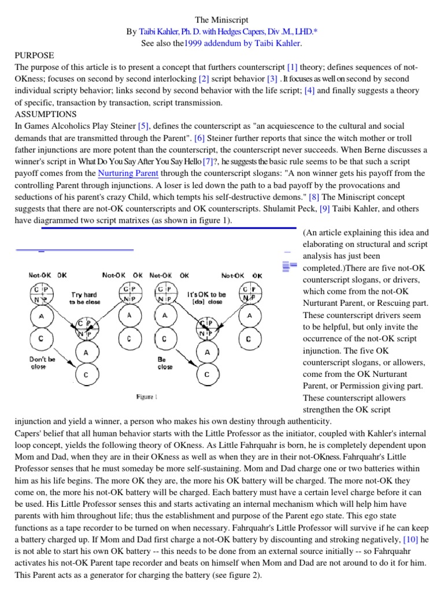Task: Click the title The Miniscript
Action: click(221, 20)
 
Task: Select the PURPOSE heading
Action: click(34, 55)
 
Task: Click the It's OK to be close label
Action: click(206, 297)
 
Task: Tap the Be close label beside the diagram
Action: click(165, 363)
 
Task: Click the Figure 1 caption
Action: click(146, 397)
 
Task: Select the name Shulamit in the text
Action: click(286, 209)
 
